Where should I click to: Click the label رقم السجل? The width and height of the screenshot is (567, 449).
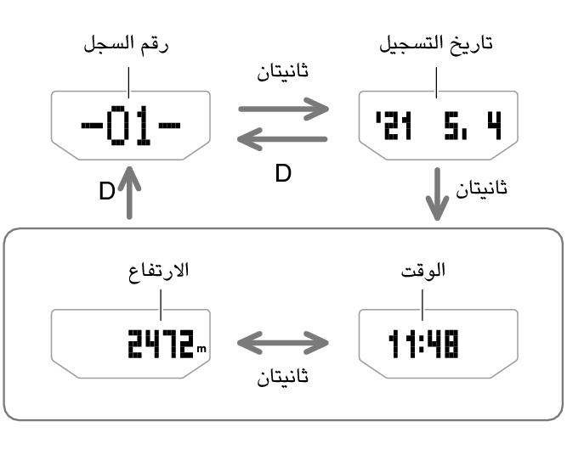(x=126, y=45)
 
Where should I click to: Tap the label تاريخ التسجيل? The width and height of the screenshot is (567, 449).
(x=436, y=45)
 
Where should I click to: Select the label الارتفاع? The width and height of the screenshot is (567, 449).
(x=159, y=271)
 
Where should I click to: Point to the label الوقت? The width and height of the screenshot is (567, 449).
(x=423, y=270)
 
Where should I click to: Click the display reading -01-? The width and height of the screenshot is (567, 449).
(x=131, y=126)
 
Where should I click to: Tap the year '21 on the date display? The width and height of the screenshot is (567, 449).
(x=394, y=126)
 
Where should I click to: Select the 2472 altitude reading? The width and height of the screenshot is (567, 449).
(x=161, y=344)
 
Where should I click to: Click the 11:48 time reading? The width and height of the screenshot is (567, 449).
(x=423, y=344)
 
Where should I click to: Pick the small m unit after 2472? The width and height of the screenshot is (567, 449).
(x=201, y=349)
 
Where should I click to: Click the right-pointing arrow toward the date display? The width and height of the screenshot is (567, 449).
(x=284, y=109)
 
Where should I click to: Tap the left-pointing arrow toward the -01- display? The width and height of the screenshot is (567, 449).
(x=282, y=139)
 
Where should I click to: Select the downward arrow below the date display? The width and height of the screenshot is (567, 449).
(x=437, y=194)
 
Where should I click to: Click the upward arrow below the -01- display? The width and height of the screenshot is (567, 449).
(x=129, y=193)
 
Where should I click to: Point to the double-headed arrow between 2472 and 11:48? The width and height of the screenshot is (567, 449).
(x=283, y=343)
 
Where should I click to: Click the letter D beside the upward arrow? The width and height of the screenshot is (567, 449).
(x=107, y=191)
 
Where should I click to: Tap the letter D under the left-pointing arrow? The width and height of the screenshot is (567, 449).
(x=283, y=173)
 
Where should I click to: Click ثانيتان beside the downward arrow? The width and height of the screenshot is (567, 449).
(x=481, y=188)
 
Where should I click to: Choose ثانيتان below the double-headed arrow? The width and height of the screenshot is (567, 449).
(x=283, y=376)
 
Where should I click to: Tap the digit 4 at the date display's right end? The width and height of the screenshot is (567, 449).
(x=494, y=126)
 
